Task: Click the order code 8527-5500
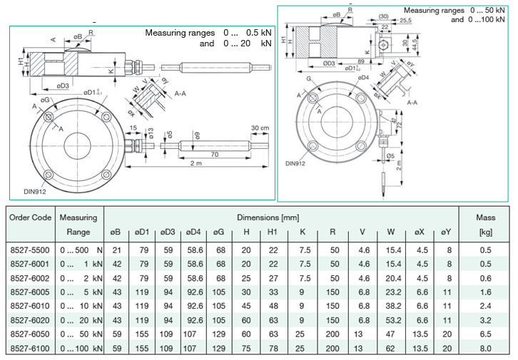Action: click(31, 250)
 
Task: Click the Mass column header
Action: click(485, 217)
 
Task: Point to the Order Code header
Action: click(31, 217)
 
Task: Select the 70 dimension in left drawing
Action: click(214, 154)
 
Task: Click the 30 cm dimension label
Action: click(260, 128)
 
